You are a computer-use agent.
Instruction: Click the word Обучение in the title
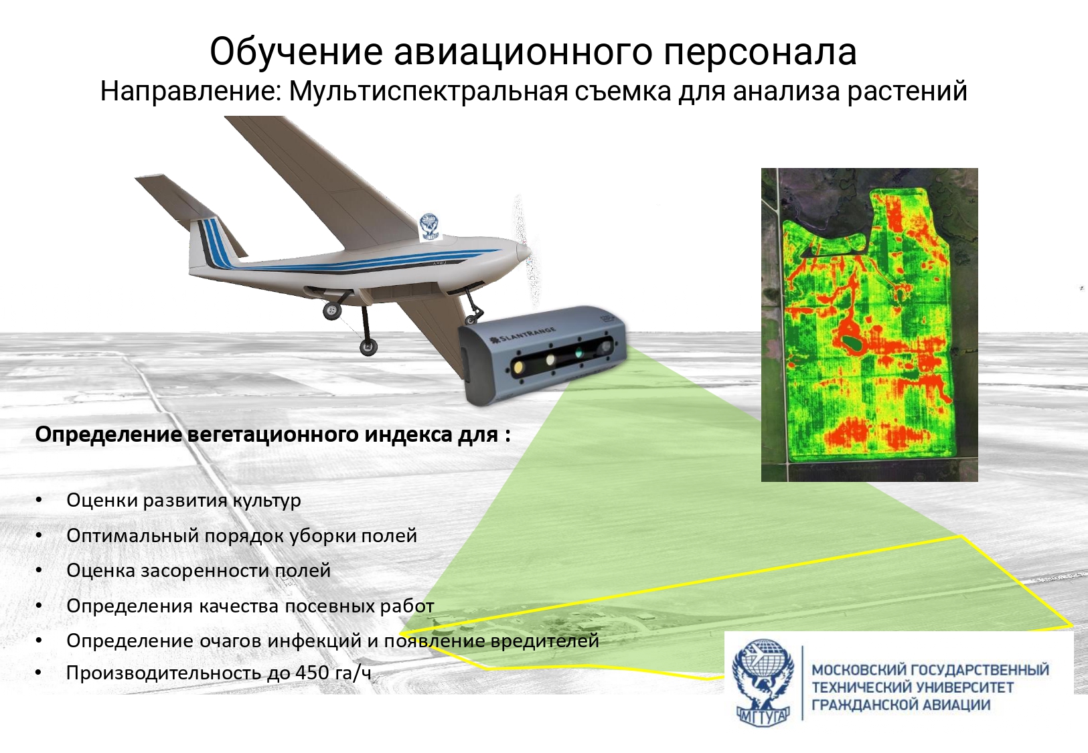[x=297, y=52]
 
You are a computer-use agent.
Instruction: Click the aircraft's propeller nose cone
[x=524, y=252]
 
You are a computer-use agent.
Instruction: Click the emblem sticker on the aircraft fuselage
[x=429, y=226]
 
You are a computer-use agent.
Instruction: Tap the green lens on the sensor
[x=579, y=353]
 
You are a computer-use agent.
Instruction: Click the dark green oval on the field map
[x=852, y=344]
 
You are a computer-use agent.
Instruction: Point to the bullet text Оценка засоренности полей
[x=198, y=570]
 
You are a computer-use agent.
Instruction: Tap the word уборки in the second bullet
[x=319, y=536]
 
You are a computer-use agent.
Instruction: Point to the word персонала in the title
[x=760, y=52]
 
